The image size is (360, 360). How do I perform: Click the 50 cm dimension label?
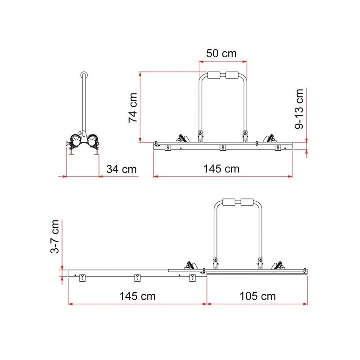(221, 53)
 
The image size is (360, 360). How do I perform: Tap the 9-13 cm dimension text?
(299, 109)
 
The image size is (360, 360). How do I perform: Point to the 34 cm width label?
(121, 169)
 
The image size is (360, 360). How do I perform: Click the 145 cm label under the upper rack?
(221, 169)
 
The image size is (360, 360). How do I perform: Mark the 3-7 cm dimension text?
(54, 237)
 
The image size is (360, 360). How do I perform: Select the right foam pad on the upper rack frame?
(233, 75)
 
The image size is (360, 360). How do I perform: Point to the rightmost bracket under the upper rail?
(278, 148)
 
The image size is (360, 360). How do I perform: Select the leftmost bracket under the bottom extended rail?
(82, 278)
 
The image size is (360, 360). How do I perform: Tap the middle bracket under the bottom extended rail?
(137, 278)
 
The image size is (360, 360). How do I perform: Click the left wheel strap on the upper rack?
(182, 138)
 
